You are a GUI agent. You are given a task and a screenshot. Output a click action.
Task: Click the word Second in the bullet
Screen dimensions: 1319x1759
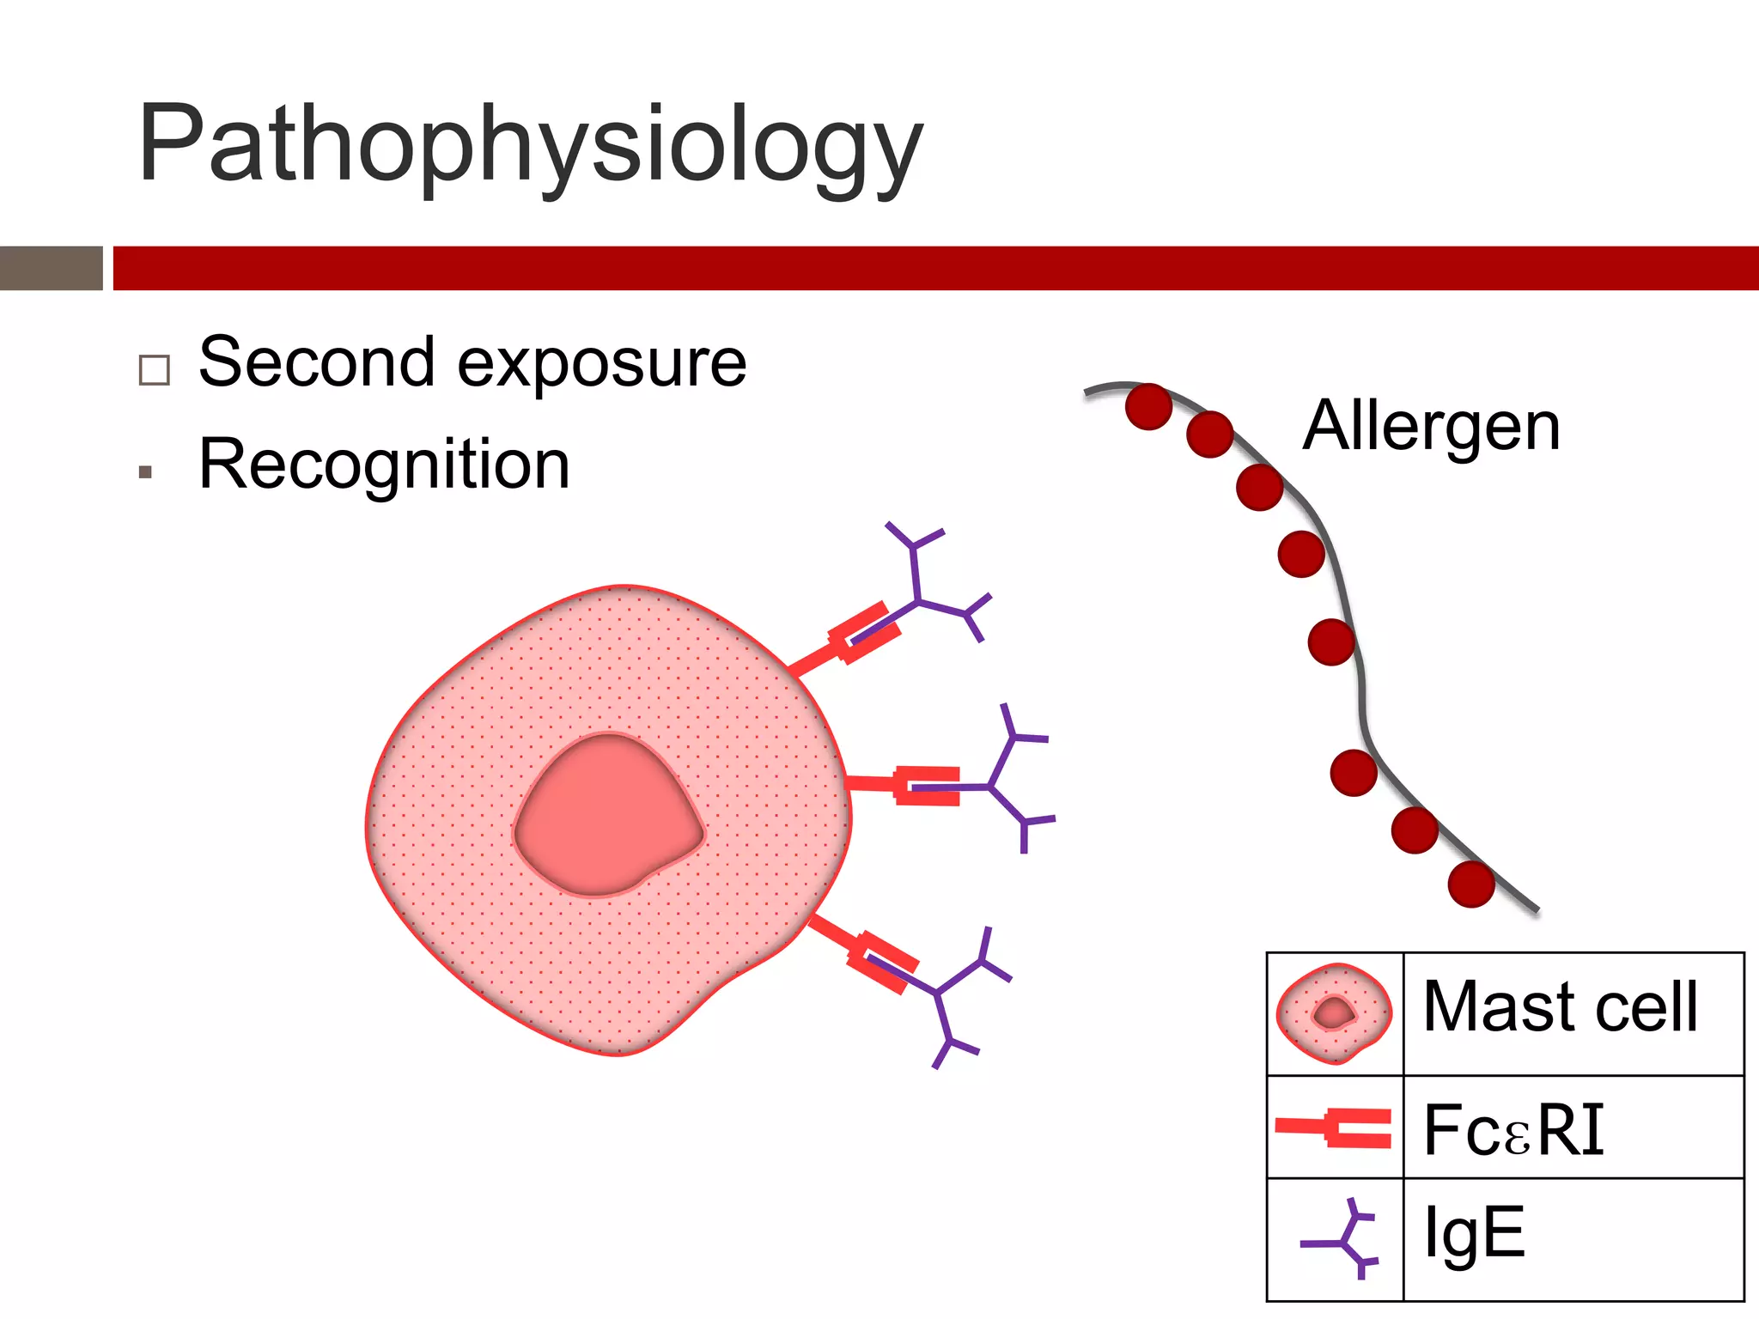coord(316,362)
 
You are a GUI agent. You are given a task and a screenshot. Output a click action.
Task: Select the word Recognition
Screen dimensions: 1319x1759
coord(384,465)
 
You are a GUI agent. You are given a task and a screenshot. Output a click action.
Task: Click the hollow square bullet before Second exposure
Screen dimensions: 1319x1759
coord(155,370)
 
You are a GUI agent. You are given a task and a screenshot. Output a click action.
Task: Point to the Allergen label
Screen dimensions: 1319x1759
coord(1431,426)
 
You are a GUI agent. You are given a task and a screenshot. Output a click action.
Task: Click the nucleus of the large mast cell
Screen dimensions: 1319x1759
coord(608,816)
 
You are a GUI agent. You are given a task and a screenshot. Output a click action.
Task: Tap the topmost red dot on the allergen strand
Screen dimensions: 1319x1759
coord(1148,406)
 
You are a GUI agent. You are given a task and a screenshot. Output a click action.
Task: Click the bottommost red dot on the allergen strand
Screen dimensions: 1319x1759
coord(1471,884)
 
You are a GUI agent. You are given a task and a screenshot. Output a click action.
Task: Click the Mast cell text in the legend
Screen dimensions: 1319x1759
coord(1560,1006)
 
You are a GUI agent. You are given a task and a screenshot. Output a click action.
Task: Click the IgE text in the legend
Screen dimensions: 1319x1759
coord(1474,1233)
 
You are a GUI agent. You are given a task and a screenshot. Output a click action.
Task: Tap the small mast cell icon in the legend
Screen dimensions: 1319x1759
coord(1333,1013)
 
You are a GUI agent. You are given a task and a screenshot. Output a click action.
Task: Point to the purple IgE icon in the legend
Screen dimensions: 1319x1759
coord(1345,1238)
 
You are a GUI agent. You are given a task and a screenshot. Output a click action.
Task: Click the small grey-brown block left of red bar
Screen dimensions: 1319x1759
coord(51,268)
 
